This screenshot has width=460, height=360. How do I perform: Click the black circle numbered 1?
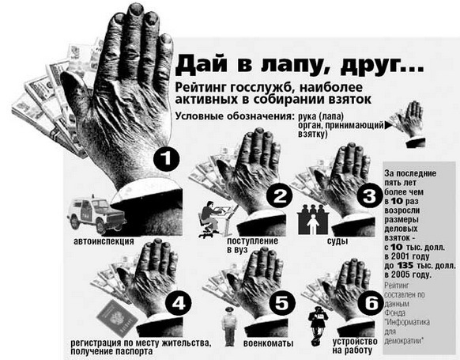tap(166, 158)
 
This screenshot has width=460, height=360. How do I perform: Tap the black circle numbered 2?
tap(280, 195)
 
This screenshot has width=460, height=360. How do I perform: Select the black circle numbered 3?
tap(369, 195)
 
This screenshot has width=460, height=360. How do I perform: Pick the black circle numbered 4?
tap(179, 302)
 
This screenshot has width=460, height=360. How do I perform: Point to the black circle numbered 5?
tap(281, 302)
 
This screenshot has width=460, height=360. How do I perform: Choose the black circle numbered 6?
tap(371, 302)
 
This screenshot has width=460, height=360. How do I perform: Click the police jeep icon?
tap(96, 214)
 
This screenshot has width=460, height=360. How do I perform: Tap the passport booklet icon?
tap(117, 319)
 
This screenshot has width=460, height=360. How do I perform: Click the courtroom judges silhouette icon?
tap(313, 219)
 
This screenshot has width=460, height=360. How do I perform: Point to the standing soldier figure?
tap(229, 326)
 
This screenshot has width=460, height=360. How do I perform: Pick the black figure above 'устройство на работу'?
tap(318, 326)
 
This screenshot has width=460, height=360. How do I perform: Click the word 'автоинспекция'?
tap(104, 241)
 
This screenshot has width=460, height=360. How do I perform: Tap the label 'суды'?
tap(337, 241)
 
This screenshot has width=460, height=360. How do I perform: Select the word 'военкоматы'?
tap(268, 343)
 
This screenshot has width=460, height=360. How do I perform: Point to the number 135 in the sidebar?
tap(405, 266)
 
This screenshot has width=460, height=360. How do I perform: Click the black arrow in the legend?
tap(388, 125)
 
